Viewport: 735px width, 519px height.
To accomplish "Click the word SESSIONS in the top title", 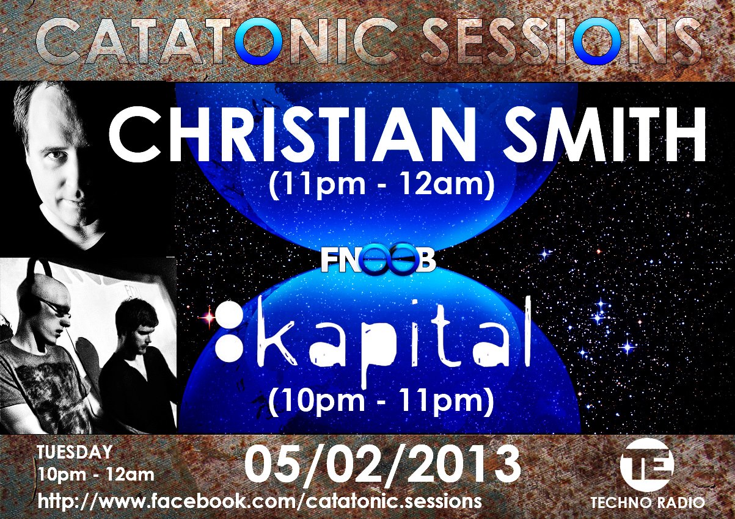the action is [561, 40].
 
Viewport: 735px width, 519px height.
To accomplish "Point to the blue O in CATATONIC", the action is [258, 40].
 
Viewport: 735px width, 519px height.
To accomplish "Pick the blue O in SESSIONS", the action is [597, 40].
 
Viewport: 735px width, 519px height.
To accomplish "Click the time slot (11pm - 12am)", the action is [381, 184].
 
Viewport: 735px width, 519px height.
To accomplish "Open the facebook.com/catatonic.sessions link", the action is [260, 501].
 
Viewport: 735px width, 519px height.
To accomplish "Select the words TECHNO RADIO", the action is [648, 503].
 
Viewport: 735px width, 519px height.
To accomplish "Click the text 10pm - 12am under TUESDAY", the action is [96, 475].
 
